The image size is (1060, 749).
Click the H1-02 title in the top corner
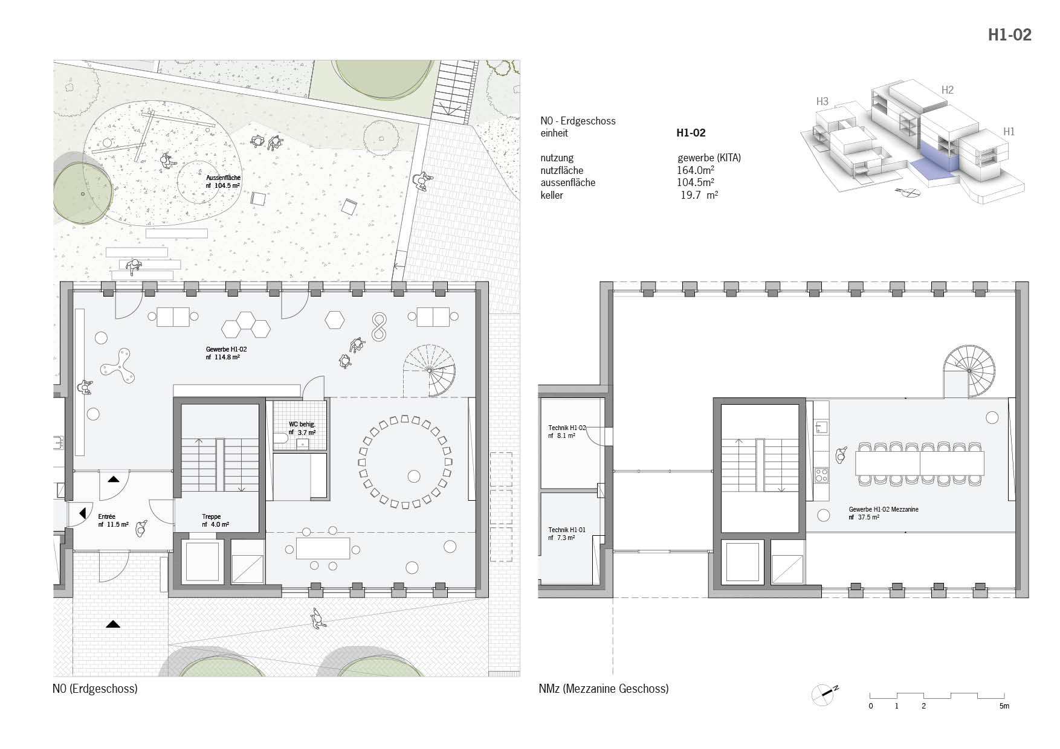coord(1009,35)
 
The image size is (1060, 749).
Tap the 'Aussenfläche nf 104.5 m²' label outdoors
coord(223,181)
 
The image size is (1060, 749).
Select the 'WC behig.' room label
coord(302,425)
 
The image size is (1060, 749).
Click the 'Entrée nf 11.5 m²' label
coord(113,521)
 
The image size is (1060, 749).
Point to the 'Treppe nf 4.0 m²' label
coord(215,521)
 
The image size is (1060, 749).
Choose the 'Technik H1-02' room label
coord(567,428)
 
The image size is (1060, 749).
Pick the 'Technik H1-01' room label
coord(567,530)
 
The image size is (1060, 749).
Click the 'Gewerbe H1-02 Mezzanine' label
coord(884,509)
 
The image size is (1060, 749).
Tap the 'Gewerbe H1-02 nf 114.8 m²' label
coord(226,353)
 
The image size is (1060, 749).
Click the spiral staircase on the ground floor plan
coord(430,370)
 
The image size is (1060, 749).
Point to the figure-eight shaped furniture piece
coord(379,327)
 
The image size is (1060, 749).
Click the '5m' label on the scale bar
coord(1004,706)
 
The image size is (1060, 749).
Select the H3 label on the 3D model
coord(822,101)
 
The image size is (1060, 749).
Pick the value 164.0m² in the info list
coord(695,170)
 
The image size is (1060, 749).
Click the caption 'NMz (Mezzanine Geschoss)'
coord(603,689)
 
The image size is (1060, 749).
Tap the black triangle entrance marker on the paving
coord(112,624)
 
